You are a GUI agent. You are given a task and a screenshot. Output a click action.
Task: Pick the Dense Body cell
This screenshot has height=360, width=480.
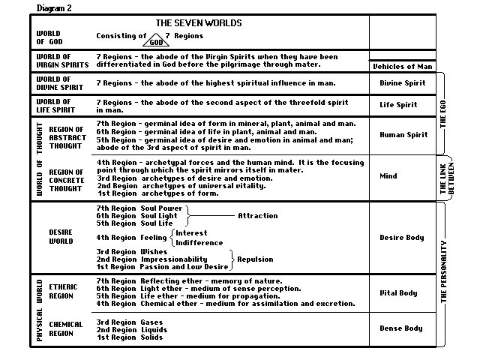[x=400, y=328]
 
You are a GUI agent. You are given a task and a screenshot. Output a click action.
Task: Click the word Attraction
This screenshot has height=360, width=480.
[x=258, y=216]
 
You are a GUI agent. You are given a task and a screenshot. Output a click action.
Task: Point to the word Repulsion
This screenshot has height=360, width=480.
[x=257, y=259]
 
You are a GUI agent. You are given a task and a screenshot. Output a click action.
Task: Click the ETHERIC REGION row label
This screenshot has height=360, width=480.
[x=63, y=291]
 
